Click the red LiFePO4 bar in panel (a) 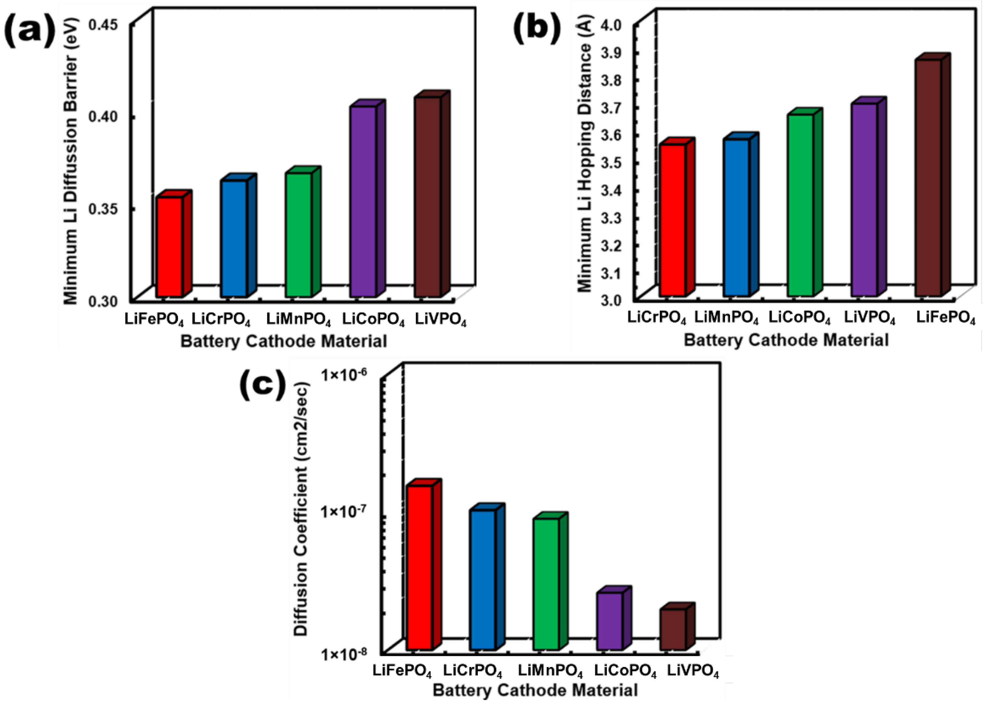pyautogui.click(x=170, y=247)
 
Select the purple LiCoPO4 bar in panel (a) pyautogui.click(x=363, y=201)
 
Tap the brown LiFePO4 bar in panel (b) pyautogui.click(x=928, y=177)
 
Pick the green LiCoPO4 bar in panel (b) pyautogui.click(x=800, y=205)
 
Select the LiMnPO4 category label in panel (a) pyautogui.click(x=298, y=321)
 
